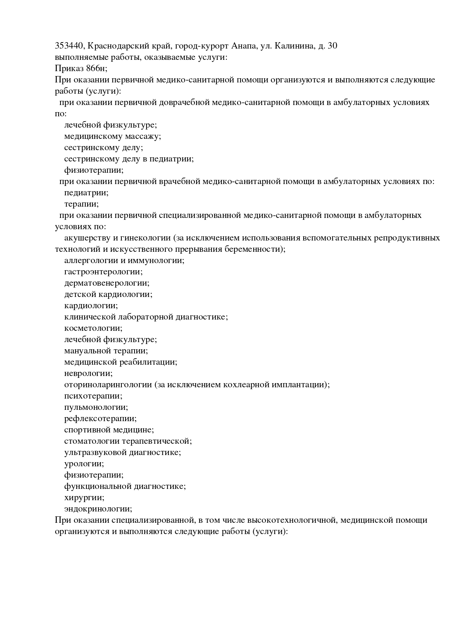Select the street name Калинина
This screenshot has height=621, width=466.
[x=294, y=46]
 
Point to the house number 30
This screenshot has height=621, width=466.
[x=332, y=46]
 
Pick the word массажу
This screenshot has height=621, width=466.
[x=143, y=136]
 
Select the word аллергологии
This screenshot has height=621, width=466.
[x=90, y=260]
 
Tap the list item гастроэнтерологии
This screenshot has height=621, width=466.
[x=103, y=272]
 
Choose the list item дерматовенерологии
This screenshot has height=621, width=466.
[x=107, y=283]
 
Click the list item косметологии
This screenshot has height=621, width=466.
[x=93, y=328]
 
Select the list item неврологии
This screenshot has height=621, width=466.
[x=88, y=373]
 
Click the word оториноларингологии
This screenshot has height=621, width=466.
[x=108, y=385]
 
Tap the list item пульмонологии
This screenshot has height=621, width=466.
[x=96, y=407]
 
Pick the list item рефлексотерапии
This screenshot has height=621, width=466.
[x=100, y=419]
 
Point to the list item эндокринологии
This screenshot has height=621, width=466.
[x=98, y=509]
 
